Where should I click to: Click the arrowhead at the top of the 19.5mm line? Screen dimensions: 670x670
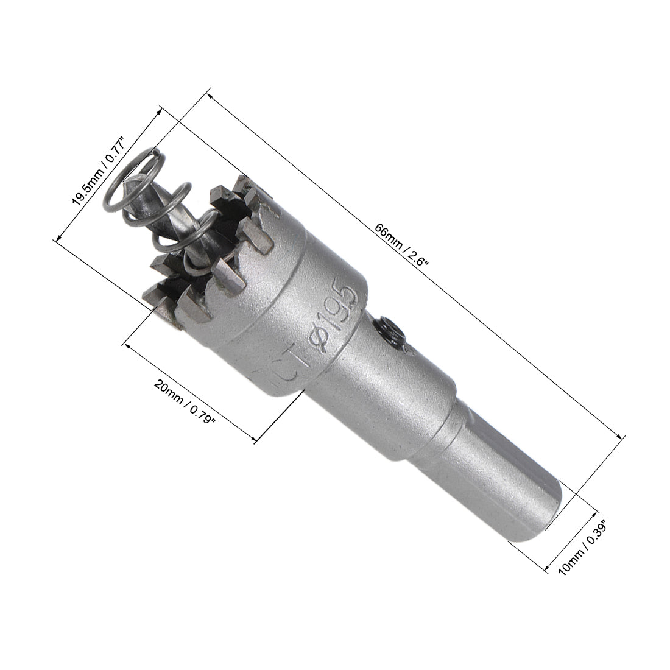pos(161,110)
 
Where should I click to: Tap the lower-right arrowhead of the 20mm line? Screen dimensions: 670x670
pos(253,439)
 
